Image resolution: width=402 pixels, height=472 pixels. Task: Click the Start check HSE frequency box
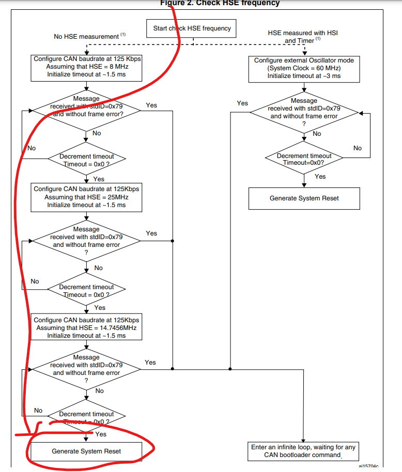[192, 28]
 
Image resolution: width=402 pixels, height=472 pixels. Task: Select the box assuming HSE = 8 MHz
[86, 67]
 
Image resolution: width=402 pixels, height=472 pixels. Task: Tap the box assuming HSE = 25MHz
[86, 197]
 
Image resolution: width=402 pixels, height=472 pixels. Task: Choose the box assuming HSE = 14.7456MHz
[86, 327]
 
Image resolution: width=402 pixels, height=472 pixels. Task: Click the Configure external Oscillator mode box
[304, 68]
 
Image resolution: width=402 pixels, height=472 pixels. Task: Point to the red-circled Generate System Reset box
[86, 451]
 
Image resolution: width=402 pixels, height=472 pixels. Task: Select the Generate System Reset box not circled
[304, 198]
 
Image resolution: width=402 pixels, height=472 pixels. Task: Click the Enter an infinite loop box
[303, 451]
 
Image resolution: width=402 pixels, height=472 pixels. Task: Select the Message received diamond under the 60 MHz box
[304, 112]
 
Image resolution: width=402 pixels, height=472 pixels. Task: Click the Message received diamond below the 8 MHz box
[86, 110]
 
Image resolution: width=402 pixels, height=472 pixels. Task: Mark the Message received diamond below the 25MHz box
[86, 241]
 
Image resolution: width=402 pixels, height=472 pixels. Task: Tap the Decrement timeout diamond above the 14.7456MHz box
[86, 291]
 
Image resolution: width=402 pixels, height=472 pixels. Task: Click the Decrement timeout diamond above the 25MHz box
[86, 160]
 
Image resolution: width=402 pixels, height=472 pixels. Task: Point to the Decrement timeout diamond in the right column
[304, 159]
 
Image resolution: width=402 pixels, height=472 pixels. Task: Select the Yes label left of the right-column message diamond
[242, 103]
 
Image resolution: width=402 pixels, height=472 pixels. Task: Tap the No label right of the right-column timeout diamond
[358, 148]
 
